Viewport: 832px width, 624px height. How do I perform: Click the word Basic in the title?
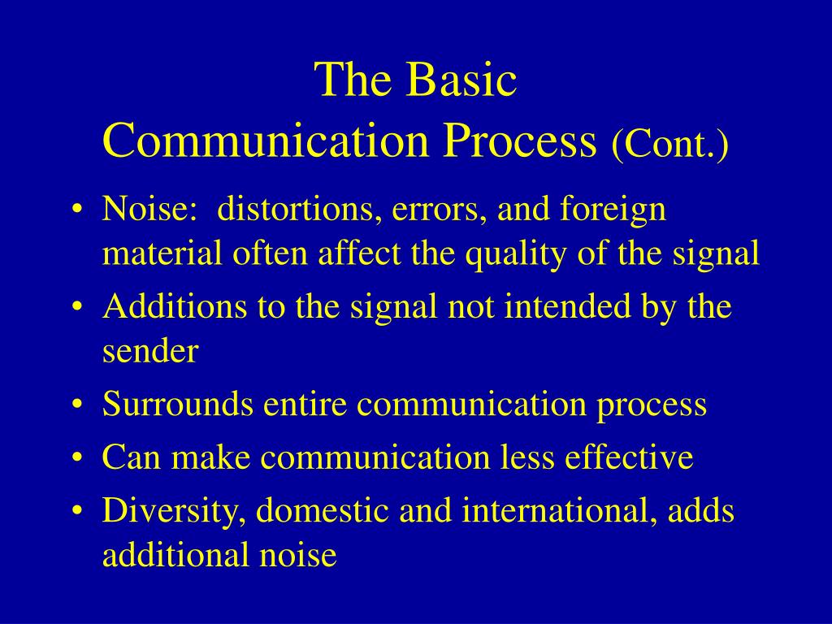pos(462,79)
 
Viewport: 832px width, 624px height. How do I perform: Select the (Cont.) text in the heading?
pos(669,144)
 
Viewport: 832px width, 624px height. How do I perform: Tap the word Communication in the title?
pos(266,140)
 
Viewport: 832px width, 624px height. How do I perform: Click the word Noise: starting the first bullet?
pos(150,208)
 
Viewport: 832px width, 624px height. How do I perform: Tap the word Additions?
pos(175,306)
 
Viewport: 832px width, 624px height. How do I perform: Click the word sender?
pos(150,351)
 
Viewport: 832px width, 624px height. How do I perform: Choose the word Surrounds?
pos(177,404)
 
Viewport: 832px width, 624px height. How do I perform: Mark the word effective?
pos(630,457)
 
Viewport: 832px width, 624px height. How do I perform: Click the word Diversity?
pos(174,512)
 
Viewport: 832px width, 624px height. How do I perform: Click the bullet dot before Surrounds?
pos(78,405)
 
